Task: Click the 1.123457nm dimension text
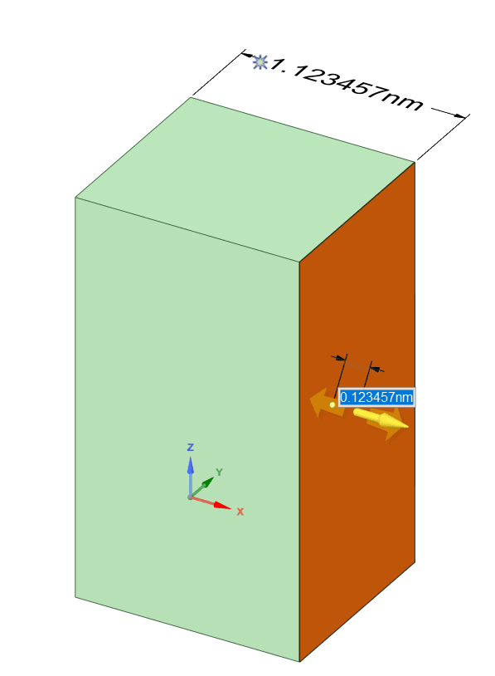pyautogui.click(x=347, y=84)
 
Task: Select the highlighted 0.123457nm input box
pyautogui.click(x=376, y=397)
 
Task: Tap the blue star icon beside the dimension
pyautogui.click(x=260, y=62)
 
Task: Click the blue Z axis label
pyautogui.click(x=190, y=447)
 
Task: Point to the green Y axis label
pyautogui.click(x=219, y=472)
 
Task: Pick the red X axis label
pyautogui.click(x=240, y=512)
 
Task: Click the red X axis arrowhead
pyautogui.click(x=222, y=505)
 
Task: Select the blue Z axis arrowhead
pyautogui.click(x=190, y=465)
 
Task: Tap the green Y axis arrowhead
pyautogui.click(x=208, y=482)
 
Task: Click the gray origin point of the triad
pyautogui.click(x=190, y=497)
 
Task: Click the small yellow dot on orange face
pyautogui.click(x=332, y=404)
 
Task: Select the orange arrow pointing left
pyautogui.click(x=328, y=402)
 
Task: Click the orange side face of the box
pyautogui.click(x=357, y=496)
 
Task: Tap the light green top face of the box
pyautogui.click(x=245, y=179)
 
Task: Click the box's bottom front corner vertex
pyautogui.click(x=299, y=661)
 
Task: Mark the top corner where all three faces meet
pyautogui.click(x=299, y=262)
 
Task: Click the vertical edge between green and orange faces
pyautogui.click(x=299, y=461)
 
